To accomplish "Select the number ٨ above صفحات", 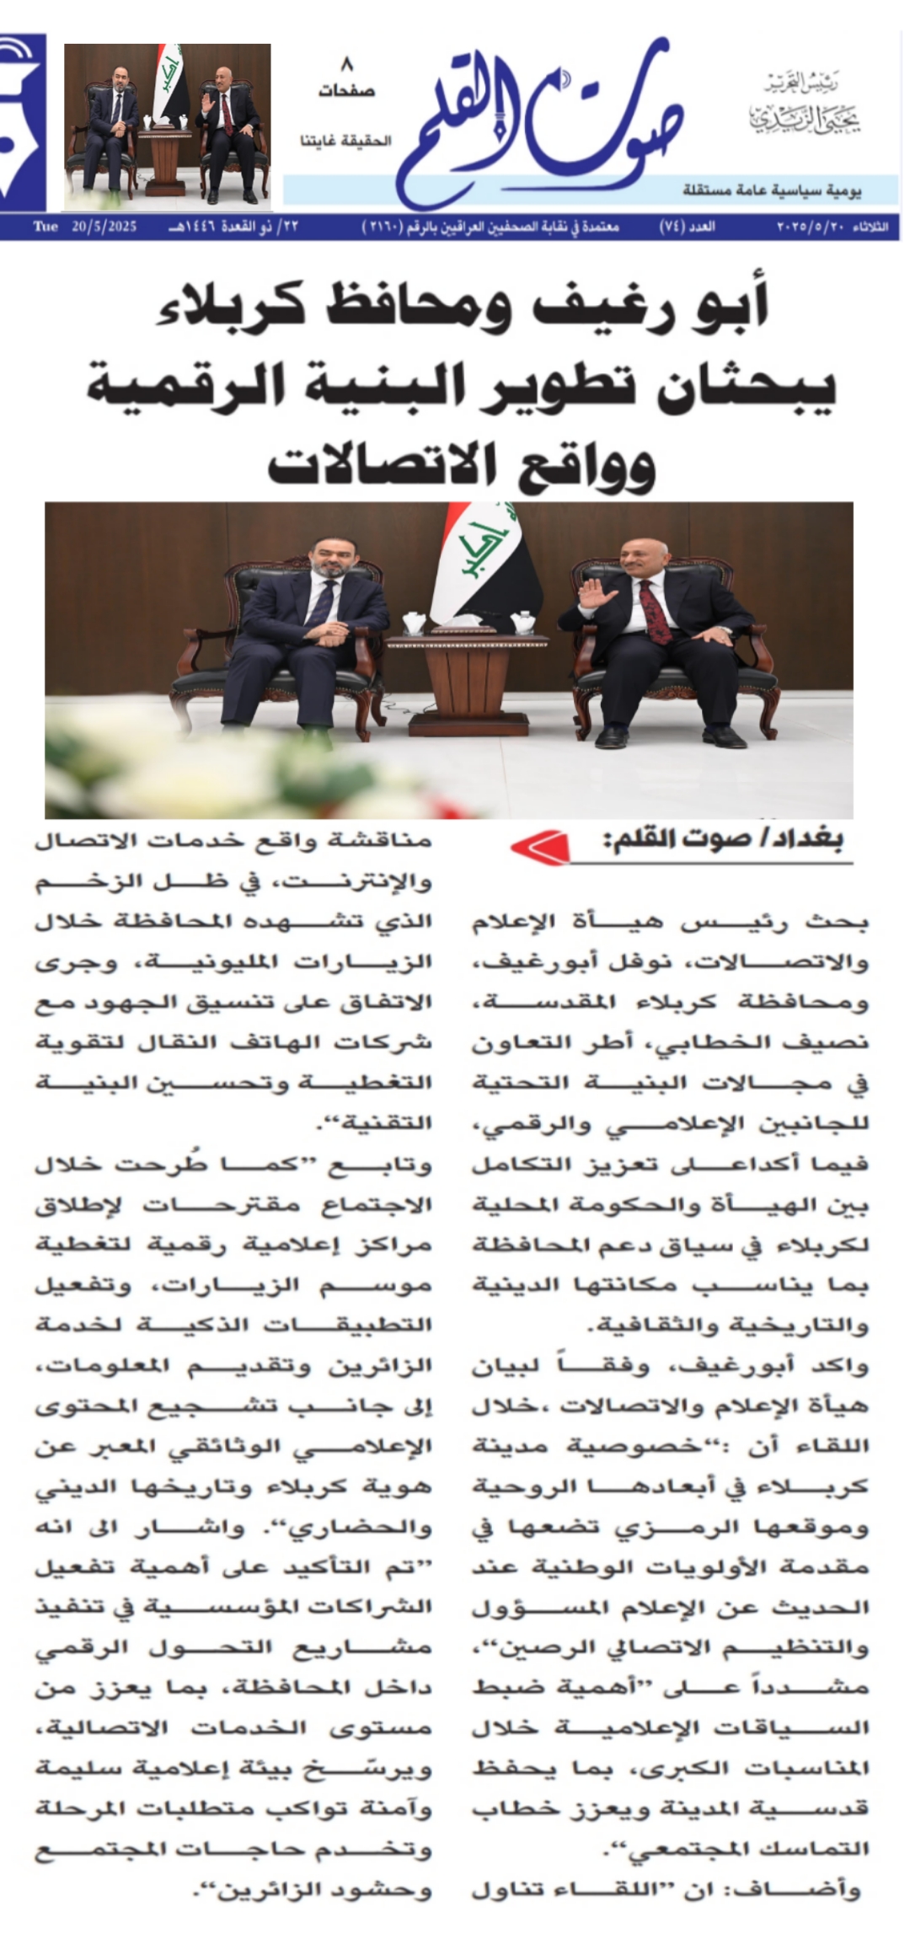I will click(346, 64).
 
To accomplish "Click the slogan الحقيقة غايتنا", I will click(345, 141).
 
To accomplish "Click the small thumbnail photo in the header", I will click(168, 126).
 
